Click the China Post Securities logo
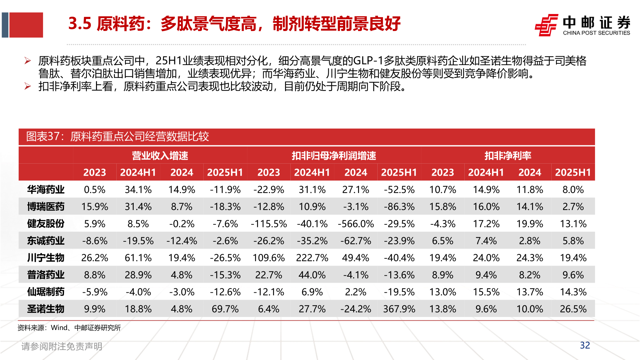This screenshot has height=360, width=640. tap(582, 25)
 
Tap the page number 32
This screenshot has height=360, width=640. tap(585, 345)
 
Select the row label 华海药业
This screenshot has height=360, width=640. tap(46, 190)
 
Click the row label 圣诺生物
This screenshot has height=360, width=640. tap(46, 309)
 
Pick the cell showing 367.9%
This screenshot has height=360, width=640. tap(399, 309)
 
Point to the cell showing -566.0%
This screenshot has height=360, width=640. tap(356, 224)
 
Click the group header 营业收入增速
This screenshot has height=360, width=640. tap(160, 156)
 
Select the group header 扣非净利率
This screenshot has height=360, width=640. tap(508, 156)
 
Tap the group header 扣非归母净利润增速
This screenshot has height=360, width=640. tap(334, 156)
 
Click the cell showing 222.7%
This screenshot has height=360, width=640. tap(312, 258)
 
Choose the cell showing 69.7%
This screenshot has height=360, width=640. tap(225, 309)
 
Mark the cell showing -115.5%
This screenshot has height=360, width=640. tap(269, 224)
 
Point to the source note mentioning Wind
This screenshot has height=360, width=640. tap(69, 328)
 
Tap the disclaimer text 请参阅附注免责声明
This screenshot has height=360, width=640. tap(62, 346)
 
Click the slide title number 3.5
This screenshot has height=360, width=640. tap(80, 24)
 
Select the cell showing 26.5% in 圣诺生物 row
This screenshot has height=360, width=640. tap(573, 309)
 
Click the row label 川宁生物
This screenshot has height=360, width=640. tap(46, 258)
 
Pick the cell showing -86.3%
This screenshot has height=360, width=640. tap(399, 207)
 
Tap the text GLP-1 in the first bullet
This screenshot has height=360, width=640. tap(368, 61)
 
